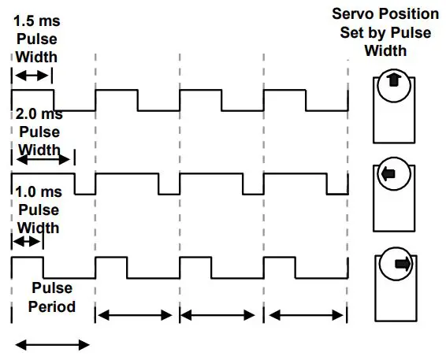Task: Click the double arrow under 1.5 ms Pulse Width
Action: [x=32, y=76]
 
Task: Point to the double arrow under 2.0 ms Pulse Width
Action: [x=43, y=160]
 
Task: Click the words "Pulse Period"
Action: [x=54, y=297]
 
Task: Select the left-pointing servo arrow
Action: [x=388, y=176]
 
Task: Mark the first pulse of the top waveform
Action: [x=32, y=99]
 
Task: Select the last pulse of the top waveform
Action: [x=284, y=99]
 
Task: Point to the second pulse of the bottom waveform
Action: [x=111, y=266]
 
